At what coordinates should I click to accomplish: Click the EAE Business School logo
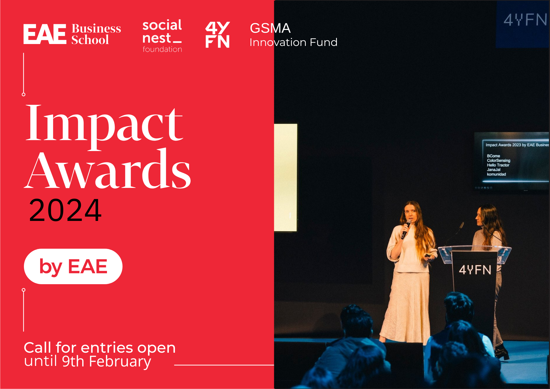click(x=72, y=34)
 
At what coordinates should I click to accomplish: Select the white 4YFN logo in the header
click(x=218, y=35)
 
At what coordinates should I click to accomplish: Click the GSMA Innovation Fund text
click(x=293, y=35)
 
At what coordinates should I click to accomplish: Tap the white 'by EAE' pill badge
click(x=73, y=266)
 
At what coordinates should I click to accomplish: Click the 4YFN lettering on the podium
click(x=475, y=270)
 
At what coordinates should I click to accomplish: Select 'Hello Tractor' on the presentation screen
click(x=498, y=165)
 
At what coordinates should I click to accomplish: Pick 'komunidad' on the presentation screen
click(x=496, y=174)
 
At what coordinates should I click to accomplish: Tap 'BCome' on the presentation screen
click(x=493, y=156)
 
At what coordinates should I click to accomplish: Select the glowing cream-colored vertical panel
click(x=286, y=177)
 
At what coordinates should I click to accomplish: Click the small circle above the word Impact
click(x=24, y=94)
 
